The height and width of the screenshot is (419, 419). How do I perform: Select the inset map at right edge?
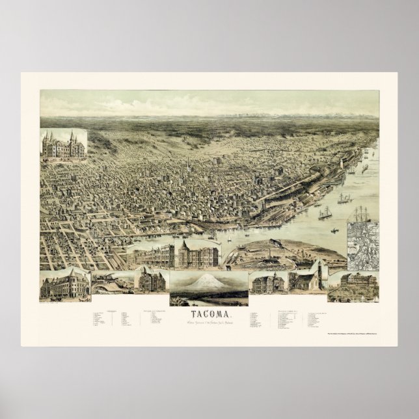362,245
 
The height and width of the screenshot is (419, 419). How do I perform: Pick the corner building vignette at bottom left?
64,285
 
